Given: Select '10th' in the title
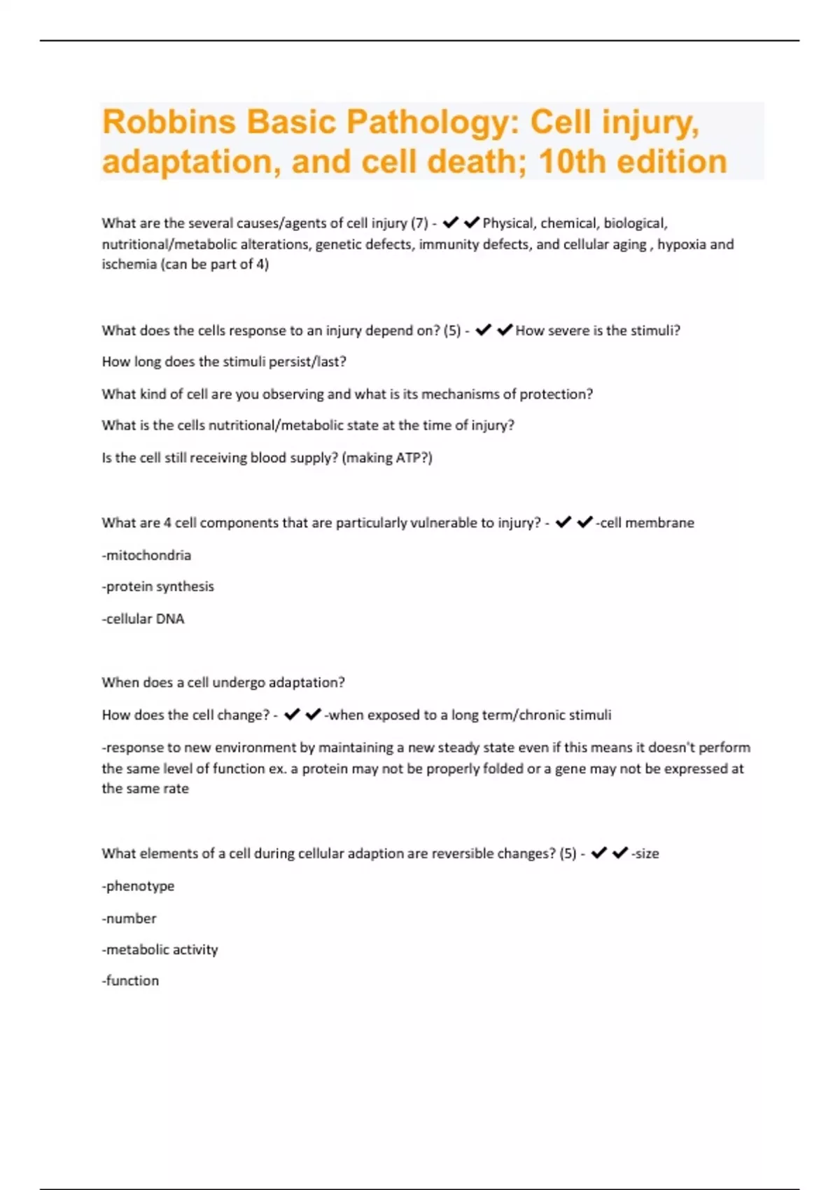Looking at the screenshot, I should tap(571, 162).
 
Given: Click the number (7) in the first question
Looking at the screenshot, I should tap(419, 223).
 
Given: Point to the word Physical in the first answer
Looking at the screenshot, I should tap(507, 223).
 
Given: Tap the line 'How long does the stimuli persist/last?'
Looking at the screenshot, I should tap(224, 362).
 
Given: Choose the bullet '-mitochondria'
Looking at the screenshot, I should tap(146, 555).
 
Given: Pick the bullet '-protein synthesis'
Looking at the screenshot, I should tap(157, 587).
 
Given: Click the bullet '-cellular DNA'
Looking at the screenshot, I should tap(143, 619).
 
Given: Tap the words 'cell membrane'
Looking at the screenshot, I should tap(647, 523).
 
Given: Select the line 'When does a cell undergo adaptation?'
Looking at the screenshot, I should tap(223, 682).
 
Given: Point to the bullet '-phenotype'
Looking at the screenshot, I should tap(138, 886).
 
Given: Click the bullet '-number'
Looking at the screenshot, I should tap(129, 918).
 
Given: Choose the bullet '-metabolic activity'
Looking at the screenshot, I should tap(160, 950).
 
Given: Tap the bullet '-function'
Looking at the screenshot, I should tap(130, 981).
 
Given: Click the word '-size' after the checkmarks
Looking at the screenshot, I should tap(645, 853).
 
